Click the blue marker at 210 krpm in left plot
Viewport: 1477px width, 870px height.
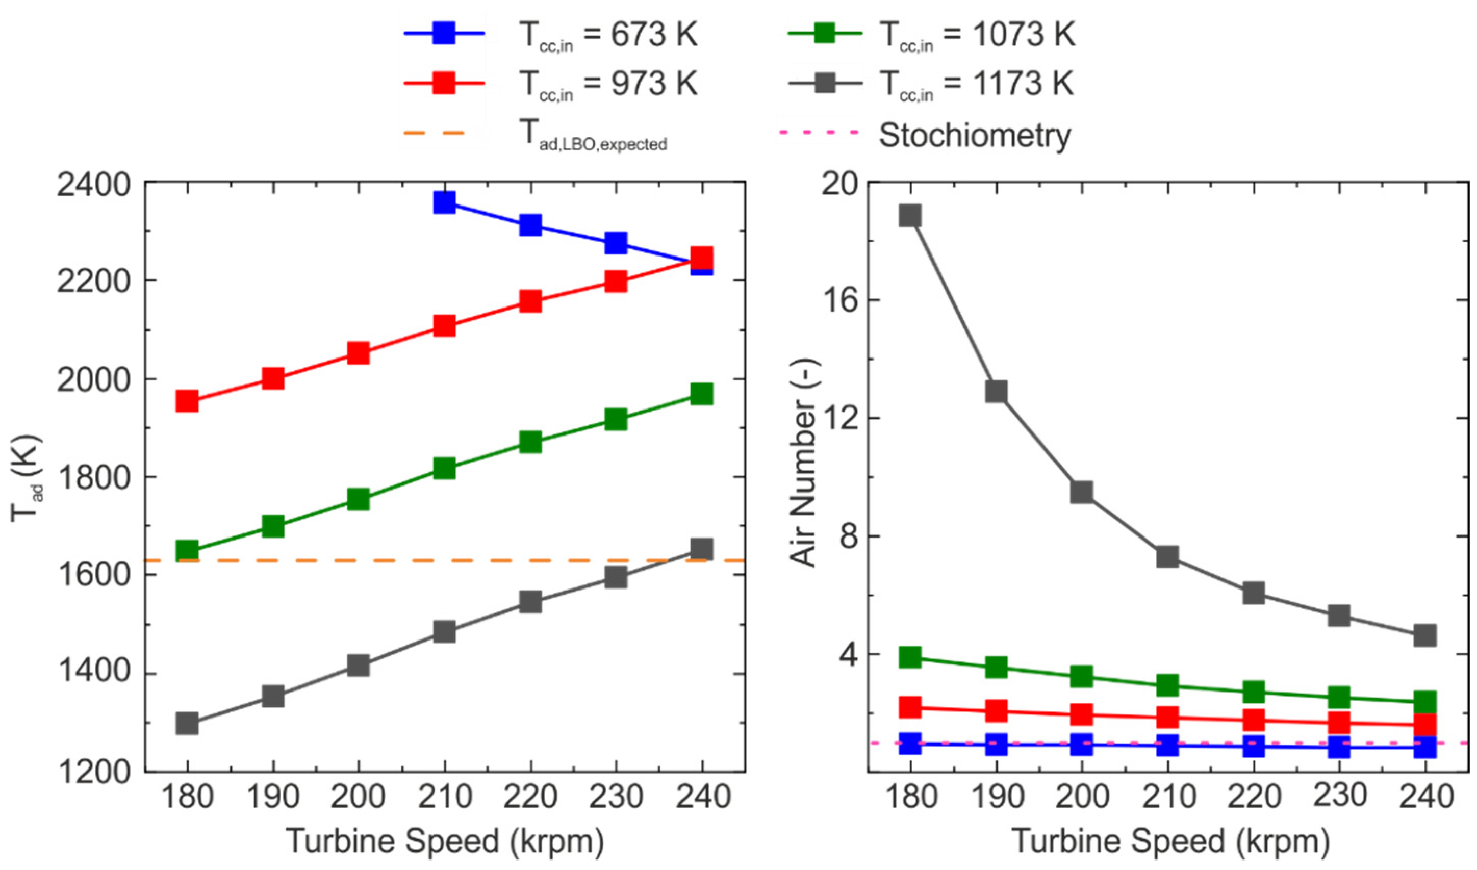click(x=444, y=202)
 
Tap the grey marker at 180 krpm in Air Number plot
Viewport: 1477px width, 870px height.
click(x=910, y=216)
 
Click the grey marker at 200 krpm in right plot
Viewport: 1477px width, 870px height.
click(x=1081, y=492)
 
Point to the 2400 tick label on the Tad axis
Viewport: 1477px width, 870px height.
click(x=93, y=187)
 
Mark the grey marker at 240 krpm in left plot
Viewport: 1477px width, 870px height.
click(x=701, y=549)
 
